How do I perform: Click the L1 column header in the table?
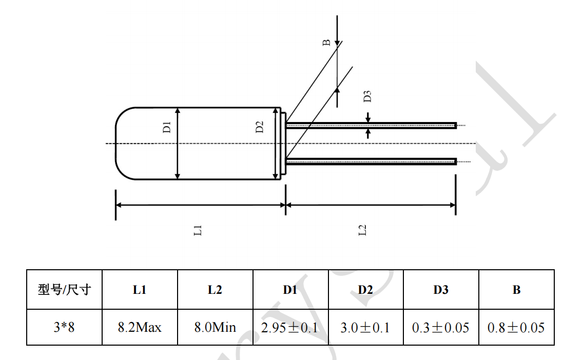(140, 290)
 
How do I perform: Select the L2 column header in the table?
(215, 290)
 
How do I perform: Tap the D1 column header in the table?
(290, 290)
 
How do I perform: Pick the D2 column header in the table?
(365, 290)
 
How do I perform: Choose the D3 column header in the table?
(440, 290)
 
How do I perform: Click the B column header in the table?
(516, 290)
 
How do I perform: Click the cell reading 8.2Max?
(140, 327)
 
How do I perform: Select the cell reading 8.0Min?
(215, 327)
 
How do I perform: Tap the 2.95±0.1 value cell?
(290, 327)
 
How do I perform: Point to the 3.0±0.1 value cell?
(365, 327)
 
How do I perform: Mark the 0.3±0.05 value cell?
(440, 327)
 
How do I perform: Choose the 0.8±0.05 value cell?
(516, 327)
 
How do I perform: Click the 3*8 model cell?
(64, 327)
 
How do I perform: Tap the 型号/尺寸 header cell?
(64, 290)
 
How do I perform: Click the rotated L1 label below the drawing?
(198, 230)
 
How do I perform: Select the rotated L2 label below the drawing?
(362, 230)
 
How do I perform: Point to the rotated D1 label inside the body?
(167, 127)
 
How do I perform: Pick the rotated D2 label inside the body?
(260, 127)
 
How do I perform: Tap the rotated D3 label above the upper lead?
(367, 96)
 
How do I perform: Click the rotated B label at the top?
(326, 43)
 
